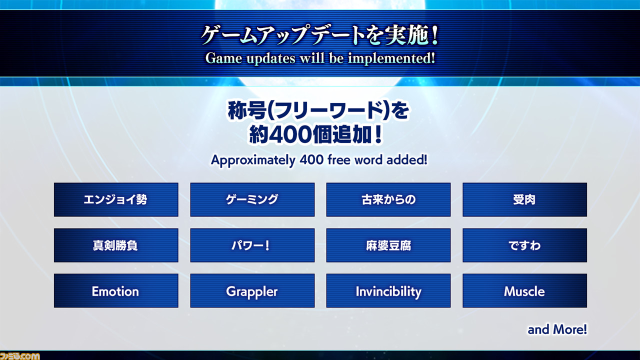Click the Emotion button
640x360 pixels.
click(116, 290)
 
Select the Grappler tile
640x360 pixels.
click(252, 290)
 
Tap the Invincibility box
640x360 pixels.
click(388, 290)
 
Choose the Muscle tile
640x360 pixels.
click(524, 290)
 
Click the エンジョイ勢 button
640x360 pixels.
click(116, 199)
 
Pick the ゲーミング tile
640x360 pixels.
click(252, 199)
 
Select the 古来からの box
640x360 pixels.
click(388, 199)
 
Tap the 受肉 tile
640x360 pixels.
click(524, 199)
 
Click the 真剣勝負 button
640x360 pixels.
click(116, 245)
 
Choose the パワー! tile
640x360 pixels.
click(252, 245)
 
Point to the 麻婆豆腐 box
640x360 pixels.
click(388, 245)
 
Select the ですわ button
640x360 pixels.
click(524, 245)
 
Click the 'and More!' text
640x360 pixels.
click(557, 329)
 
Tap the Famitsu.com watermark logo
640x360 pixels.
click(19, 356)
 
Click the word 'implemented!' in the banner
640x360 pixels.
click(391, 58)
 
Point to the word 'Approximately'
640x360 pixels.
click(253, 160)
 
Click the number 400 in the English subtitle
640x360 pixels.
click(311, 159)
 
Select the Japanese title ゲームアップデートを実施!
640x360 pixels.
click(319, 35)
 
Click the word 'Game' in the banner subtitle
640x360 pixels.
click(223, 58)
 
